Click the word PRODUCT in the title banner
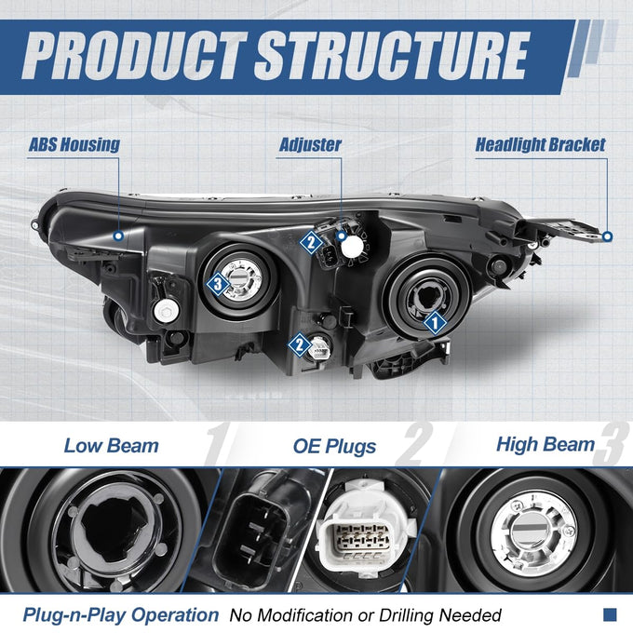134,56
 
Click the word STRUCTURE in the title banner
392,56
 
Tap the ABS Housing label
74,144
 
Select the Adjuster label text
310,144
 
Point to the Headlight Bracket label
540,144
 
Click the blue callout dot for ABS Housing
118,236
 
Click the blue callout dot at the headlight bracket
607,236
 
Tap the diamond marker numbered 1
436,323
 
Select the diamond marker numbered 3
218,284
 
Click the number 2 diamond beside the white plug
299,344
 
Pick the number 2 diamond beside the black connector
311,243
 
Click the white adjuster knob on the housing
353,247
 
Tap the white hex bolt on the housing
166,311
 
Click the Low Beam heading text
112,446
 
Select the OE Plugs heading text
334,447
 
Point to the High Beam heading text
545,444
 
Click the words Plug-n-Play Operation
121,614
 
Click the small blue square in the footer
610,614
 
